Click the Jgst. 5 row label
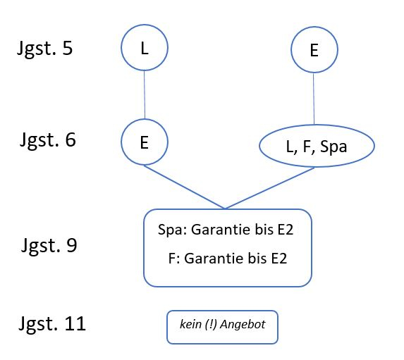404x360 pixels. tap(45, 49)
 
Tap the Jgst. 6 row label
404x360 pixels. tap(48, 140)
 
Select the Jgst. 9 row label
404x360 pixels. tap(49, 245)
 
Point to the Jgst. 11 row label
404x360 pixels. tap(52, 323)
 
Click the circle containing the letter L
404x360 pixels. tap(145, 25)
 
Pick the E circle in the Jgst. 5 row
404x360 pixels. tap(314, 27)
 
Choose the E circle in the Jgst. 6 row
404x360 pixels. tap(145, 119)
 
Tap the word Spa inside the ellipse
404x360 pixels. tap(333, 147)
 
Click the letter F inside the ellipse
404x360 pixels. tap(307, 147)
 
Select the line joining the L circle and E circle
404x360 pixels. tap(145, 94)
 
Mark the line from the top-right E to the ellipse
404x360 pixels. tap(314, 99)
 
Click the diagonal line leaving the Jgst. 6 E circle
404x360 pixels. tap(184, 187)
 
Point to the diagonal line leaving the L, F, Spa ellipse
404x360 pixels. tap(269, 188)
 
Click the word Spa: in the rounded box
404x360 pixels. tap(172, 230)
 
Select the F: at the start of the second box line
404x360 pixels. tap(174, 259)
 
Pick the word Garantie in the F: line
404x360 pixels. tap(214, 259)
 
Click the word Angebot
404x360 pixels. tap(243, 325)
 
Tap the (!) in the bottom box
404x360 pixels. tap(212, 325)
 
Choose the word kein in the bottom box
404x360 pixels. tap(190, 324)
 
